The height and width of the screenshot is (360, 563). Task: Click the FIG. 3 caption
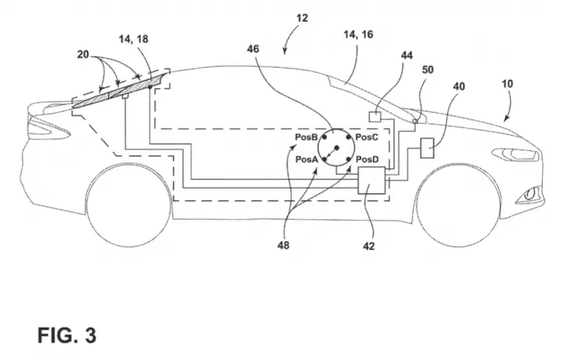pos(66,335)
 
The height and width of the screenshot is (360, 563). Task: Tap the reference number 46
pos(253,49)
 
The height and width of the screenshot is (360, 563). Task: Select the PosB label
pos(307,137)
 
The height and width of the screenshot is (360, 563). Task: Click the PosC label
pos(367,137)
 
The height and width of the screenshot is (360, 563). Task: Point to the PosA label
pos(307,159)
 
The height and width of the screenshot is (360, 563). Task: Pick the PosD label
pos(367,159)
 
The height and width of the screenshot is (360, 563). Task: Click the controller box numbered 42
pos(371,180)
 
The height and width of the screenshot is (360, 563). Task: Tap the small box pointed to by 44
pos(375,117)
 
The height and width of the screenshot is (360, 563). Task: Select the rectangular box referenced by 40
pos(427,148)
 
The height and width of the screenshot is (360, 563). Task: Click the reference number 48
pos(283,246)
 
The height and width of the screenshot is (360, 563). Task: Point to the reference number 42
pos(369,246)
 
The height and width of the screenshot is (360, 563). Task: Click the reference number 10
pos(507,84)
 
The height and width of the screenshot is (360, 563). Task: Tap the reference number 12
pos(303,18)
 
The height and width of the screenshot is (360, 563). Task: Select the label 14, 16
pos(358,34)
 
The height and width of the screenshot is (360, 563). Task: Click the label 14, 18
pos(134,39)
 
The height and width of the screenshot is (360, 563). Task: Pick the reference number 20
pos(83,55)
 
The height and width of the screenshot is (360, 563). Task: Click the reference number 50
pos(427,70)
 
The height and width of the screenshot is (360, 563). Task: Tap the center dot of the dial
pos(336,147)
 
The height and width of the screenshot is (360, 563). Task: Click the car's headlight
pos(516,154)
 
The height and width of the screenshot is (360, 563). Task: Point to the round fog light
pos(529,195)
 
